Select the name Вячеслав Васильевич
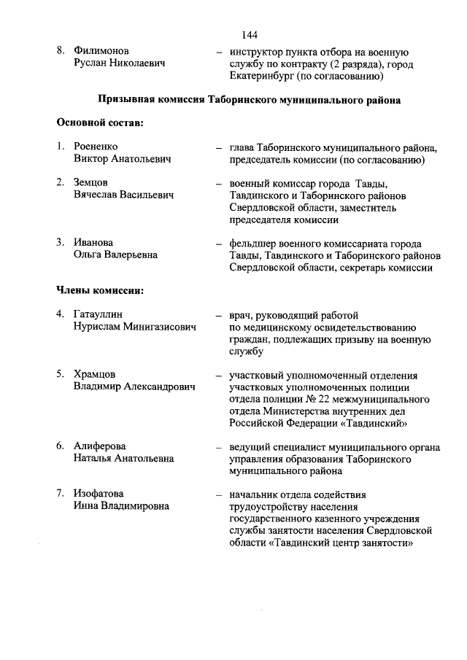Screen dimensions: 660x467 coord(123,195)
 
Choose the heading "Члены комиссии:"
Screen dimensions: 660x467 coord(99,291)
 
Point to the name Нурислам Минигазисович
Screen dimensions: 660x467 coord(135,327)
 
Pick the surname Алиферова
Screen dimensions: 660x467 coord(101,446)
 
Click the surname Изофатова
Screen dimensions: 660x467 coord(99,494)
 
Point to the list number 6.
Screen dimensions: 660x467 coord(61,446)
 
